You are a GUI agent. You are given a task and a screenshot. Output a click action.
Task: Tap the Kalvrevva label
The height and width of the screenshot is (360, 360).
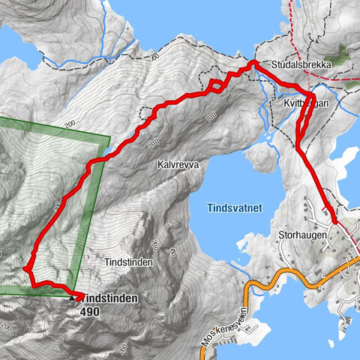(x=178, y=163)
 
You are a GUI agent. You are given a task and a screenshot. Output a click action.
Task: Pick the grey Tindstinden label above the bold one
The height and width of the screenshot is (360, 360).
(x=129, y=262)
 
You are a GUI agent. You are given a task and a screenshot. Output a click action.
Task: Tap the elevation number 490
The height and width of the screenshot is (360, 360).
(x=91, y=309)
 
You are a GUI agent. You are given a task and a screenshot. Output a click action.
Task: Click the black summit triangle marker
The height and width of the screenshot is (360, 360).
(x=72, y=298)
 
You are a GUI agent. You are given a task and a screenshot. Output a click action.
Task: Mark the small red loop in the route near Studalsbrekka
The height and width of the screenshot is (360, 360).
(x=215, y=85)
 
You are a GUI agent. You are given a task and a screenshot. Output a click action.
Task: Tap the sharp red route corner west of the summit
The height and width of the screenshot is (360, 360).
(x=27, y=268)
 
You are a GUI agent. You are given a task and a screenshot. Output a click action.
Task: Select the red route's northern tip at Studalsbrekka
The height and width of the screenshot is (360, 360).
(x=253, y=64)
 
